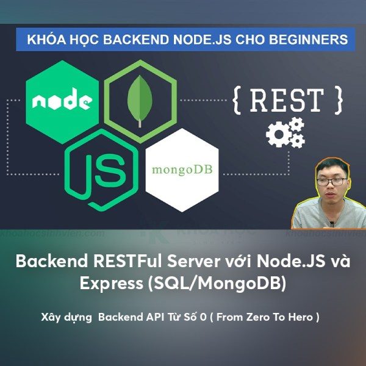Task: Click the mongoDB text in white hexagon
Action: tap(182, 166)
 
